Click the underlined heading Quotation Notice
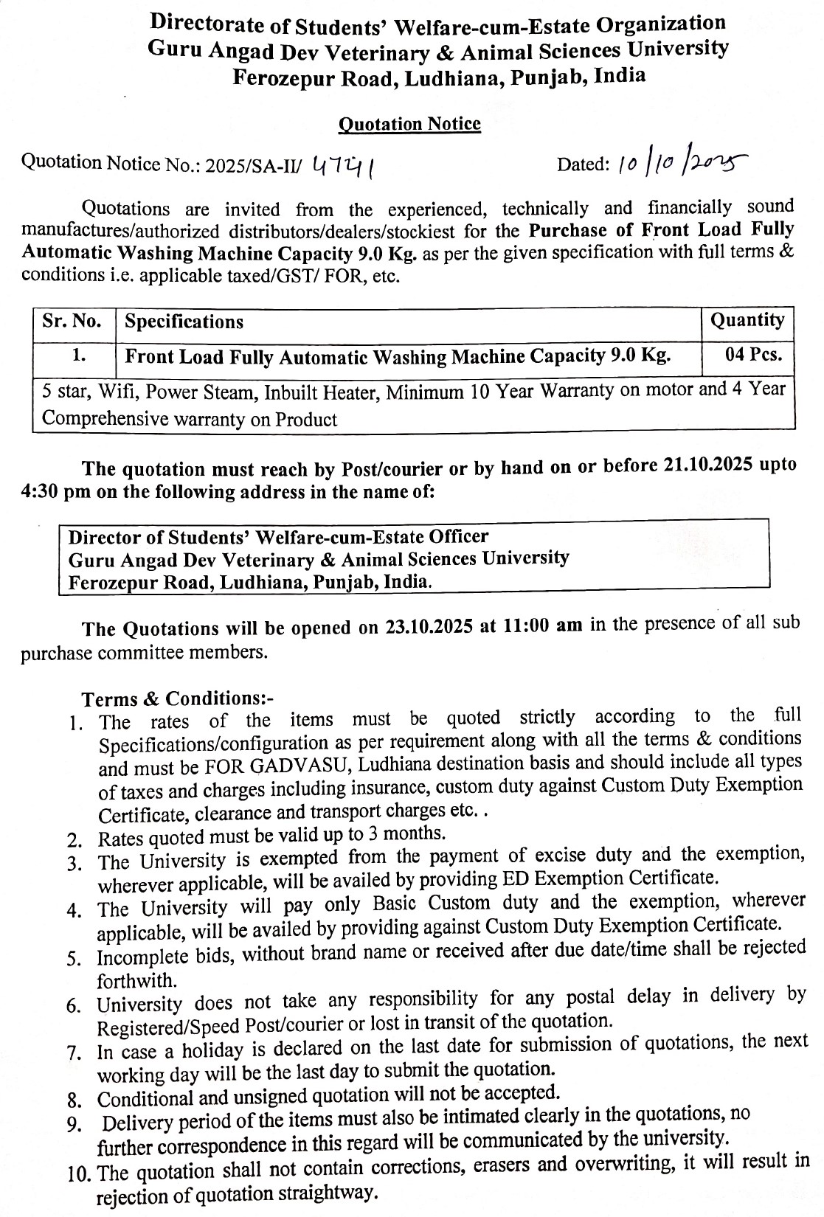pos(409,124)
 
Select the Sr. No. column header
pos(72,322)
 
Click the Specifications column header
pos(184,322)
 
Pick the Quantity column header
pos(747,320)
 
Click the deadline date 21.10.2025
pos(704,465)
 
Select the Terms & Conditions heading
pos(177,698)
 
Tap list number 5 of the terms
pos(74,959)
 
